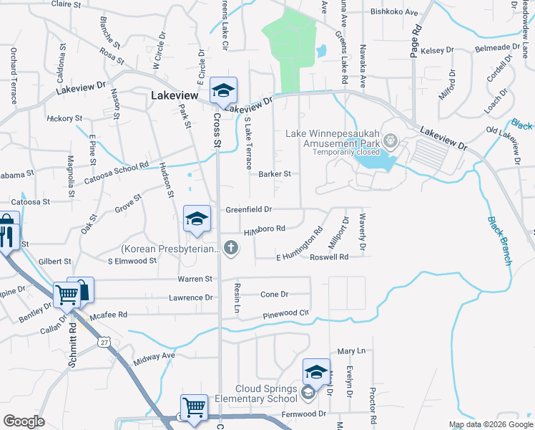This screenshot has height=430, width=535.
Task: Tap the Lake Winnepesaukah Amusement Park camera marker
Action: click(x=390, y=139)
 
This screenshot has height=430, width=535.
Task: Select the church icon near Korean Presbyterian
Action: click(x=230, y=249)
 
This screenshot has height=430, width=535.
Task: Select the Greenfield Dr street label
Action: click(x=249, y=209)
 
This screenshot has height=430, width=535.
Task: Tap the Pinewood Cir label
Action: click(x=285, y=313)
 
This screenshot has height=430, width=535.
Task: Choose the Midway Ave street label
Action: click(x=154, y=355)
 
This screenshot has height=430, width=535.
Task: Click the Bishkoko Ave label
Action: click(x=394, y=12)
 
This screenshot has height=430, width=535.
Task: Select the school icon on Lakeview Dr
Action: click(x=223, y=91)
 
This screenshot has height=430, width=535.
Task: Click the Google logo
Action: click(x=24, y=421)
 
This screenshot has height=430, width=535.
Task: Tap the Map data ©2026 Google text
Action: click(x=490, y=424)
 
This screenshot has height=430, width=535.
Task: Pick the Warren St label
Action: click(x=199, y=278)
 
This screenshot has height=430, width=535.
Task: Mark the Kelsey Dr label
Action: click(x=438, y=50)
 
